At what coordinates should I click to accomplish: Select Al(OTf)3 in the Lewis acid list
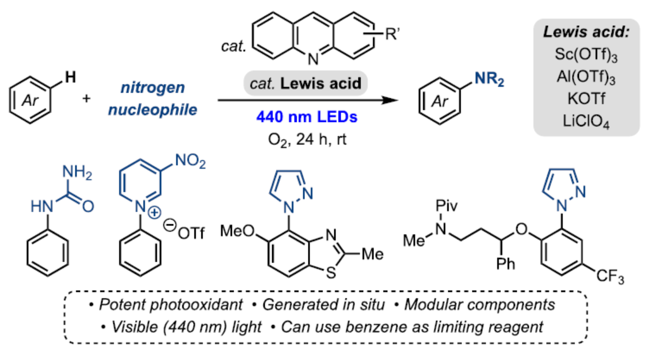(586, 75)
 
